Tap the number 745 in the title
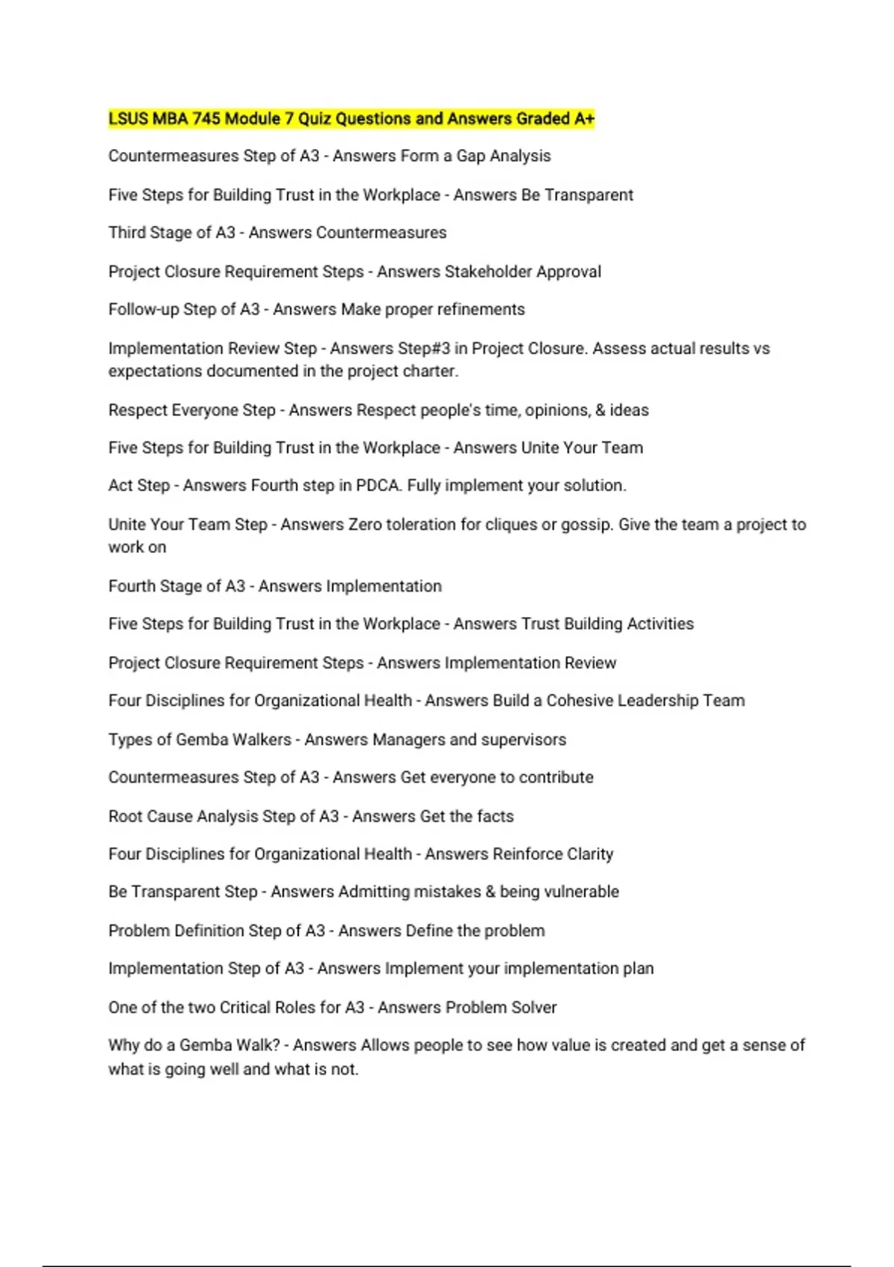206,119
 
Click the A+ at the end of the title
585,119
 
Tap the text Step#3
423,349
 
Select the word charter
431,371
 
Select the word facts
495,817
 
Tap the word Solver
533,1008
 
